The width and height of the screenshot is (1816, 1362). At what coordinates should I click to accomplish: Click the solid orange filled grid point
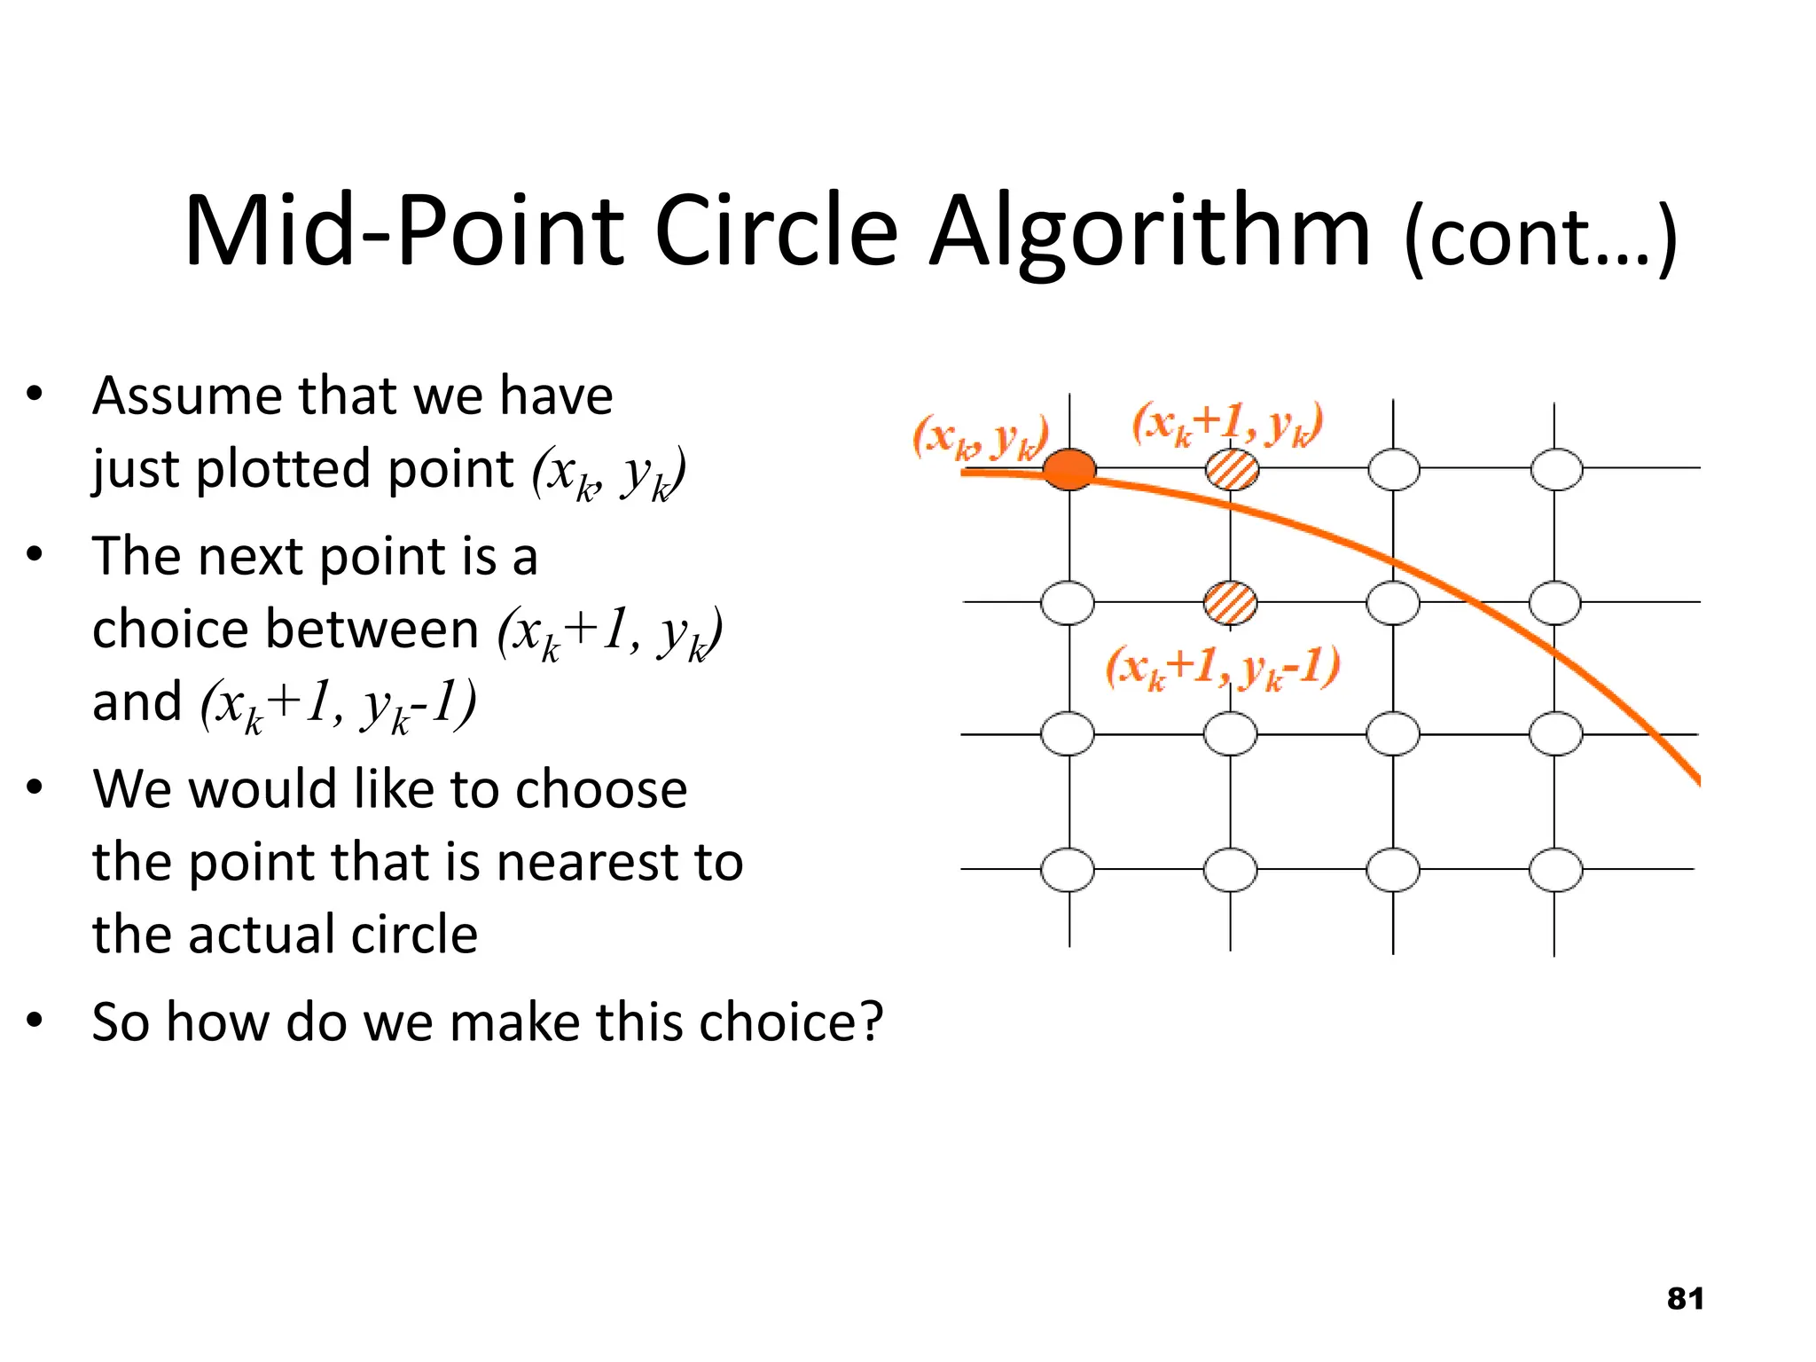(x=1068, y=469)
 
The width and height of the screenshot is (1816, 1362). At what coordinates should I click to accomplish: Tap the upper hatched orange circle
(x=1232, y=469)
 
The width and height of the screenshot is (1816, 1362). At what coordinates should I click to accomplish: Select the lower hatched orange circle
(x=1230, y=603)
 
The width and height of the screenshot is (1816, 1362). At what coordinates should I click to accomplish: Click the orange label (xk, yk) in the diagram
(x=981, y=437)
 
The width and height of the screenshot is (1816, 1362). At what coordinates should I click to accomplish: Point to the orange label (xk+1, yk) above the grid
(x=1227, y=424)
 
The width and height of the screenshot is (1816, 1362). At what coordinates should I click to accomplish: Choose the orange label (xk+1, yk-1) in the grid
(x=1222, y=668)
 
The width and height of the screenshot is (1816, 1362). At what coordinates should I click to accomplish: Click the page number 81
(x=1685, y=1299)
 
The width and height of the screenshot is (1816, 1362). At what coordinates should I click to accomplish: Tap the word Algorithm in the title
(x=1150, y=232)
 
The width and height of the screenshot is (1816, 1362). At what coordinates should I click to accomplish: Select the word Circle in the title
(x=776, y=232)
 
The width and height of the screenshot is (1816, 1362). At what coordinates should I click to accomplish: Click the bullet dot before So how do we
(x=35, y=1021)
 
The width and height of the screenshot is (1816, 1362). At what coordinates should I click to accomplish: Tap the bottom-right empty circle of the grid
(x=1555, y=870)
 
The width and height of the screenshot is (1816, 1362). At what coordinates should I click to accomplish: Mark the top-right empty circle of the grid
(x=1556, y=469)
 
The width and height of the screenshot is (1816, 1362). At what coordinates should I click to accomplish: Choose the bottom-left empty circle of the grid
(x=1068, y=870)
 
